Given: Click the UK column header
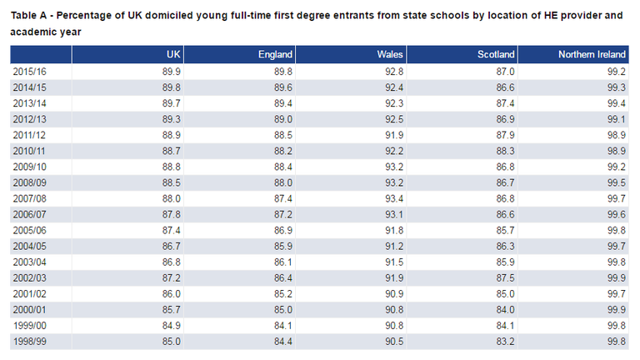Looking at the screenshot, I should tap(173, 54).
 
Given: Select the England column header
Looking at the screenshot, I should tap(275, 54).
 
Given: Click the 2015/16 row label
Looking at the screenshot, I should tap(29, 72).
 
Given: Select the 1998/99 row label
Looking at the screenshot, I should tap(29, 341).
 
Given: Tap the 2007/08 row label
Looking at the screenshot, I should tap(29, 198).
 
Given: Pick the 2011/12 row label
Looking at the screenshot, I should tap(29, 135).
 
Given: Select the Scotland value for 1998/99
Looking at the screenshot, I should tap(505, 341).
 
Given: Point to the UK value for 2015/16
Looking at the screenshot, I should tap(172, 72).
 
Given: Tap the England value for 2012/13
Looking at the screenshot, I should tap(283, 119).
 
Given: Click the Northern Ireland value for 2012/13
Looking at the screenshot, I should tap(617, 119).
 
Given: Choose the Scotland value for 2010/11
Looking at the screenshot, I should tap(505, 151).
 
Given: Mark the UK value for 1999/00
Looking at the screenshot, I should tap(172, 325).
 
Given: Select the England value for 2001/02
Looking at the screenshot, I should tap(283, 293).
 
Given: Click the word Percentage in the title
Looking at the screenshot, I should tap(85, 16).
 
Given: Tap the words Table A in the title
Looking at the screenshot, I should tap(28, 16).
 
